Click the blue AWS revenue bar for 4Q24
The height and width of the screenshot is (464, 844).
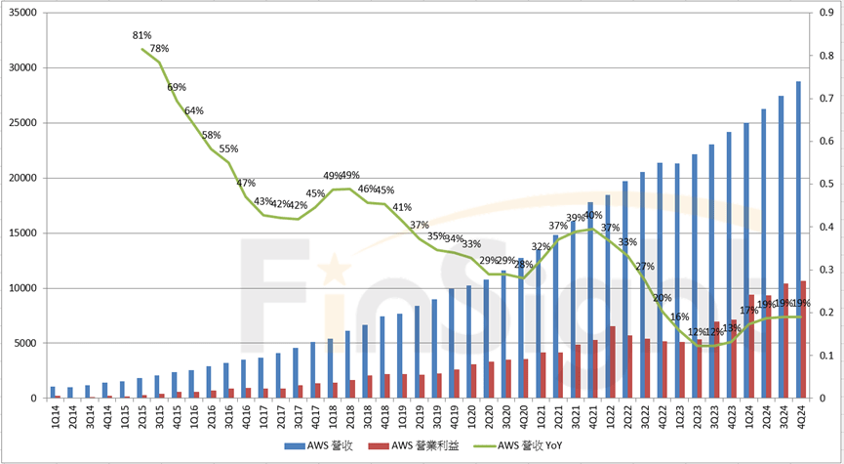[x=798, y=239]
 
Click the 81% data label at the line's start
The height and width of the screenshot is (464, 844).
[x=142, y=35]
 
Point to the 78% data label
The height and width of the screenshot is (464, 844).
[x=159, y=48]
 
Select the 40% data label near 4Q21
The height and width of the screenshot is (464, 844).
[x=592, y=215]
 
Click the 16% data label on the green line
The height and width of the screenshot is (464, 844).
[x=679, y=316]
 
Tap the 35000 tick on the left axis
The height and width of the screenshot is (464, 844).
[x=22, y=13]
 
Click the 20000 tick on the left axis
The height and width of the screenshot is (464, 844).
[x=22, y=178]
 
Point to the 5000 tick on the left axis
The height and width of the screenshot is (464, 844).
[x=25, y=343]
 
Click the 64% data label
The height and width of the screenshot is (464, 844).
[x=193, y=110]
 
